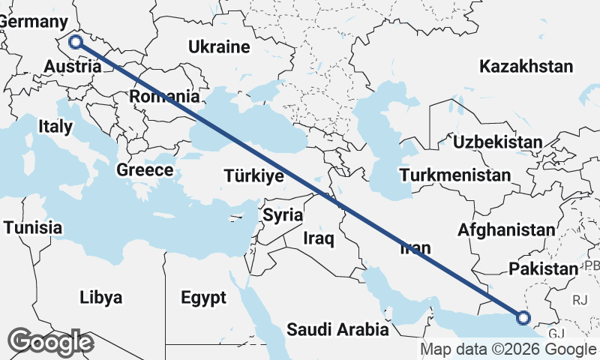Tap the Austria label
pos(72,67)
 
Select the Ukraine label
pos(219,47)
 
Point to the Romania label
pos(164,97)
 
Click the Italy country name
pos(55,127)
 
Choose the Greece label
pos(145,170)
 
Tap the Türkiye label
pos(253,176)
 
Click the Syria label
pos(283,215)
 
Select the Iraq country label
pos(319,238)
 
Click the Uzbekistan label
pos(497,142)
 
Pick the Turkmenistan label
pos(455,175)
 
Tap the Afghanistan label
pos(507,229)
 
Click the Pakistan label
pos(543,268)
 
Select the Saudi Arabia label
pos(338,329)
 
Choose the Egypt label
pos(203,298)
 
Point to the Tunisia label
pos(32,226)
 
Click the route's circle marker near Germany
pos(76,42)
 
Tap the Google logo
pos(50,343)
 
